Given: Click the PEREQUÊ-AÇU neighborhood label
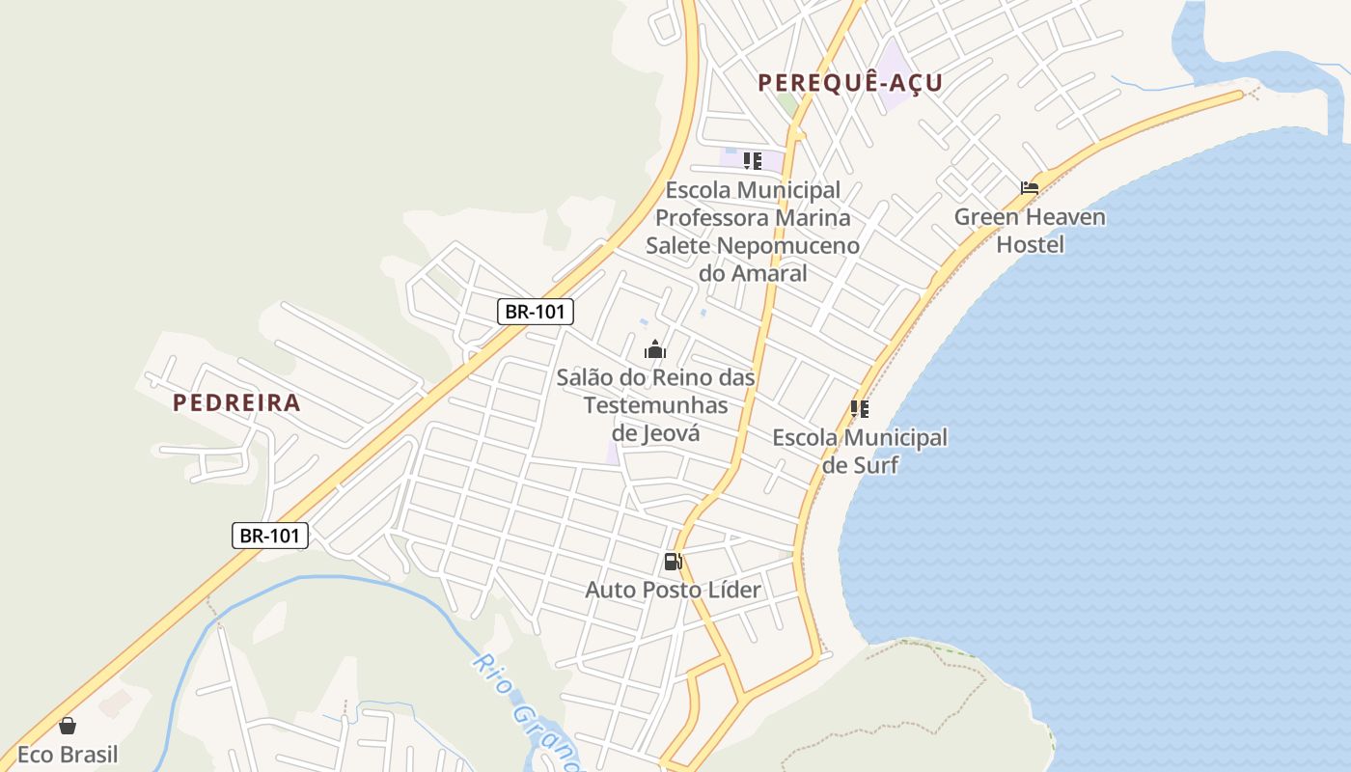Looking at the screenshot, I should click(x=850, y=83).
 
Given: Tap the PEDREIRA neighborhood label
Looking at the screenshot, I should click(x=236, y=402).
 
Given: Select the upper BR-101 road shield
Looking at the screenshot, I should click(x=537, y=312).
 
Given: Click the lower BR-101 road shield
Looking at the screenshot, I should click(x=270, y=535).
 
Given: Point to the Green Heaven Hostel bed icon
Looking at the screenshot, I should click(x=1030, y=187).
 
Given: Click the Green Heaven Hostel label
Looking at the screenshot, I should click(x=1030, y=231).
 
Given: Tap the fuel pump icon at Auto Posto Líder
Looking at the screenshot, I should click(x=673, y=562).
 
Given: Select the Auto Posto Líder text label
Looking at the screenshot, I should click(x=673, y=590).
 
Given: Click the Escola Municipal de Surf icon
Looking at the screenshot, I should click(x=860, y=409).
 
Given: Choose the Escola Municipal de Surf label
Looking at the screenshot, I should click(x=860, y=451).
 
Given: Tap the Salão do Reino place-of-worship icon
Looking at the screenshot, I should click(x=655, y=349).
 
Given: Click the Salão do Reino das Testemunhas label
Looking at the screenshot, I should click(x=655, y=391).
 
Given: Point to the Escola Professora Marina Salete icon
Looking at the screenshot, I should click(x=753, y=160).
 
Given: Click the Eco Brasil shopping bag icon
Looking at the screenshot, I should click(x=68, y=726).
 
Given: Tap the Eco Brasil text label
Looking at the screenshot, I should click(x=68, y=754).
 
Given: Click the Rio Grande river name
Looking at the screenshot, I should click(x=526, y=709).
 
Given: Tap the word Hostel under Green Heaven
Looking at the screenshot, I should click(x=1030, y=244).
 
